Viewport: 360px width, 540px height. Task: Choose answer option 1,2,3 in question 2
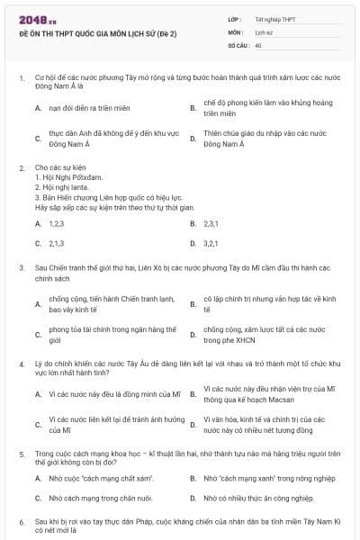click(x=56, y=222)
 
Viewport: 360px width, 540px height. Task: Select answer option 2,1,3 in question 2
click(x=56, y=242)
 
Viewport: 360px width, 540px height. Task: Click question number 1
click(x=21, y=78)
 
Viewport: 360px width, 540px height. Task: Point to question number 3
click(x=21, y=267)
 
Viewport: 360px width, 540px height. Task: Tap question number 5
click(x=21, y=455)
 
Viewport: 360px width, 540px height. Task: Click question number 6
click(x=21, y=521)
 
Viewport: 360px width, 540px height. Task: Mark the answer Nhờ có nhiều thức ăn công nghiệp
click(x=258, y=497)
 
